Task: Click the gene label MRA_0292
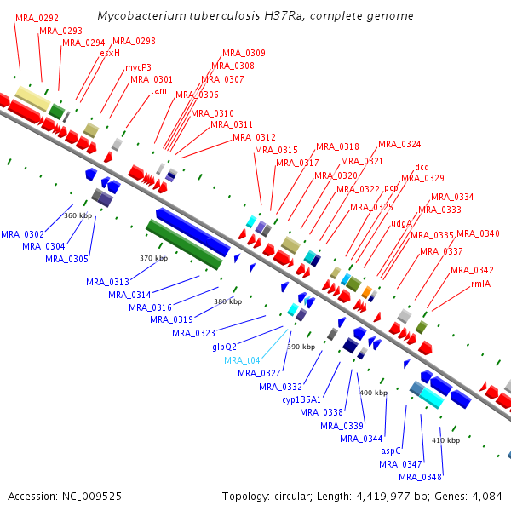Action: point(37,18)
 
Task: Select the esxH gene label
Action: point(110,53)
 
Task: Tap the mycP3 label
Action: point(139,67)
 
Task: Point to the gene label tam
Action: point(158,90)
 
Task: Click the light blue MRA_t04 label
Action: point(242,360)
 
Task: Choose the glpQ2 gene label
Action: point(224,347)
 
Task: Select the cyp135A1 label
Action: point(301,399)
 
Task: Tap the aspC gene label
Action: point(391,451)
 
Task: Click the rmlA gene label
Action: point(481,284)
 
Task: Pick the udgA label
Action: point(401,223)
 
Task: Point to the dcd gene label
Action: point(422,167)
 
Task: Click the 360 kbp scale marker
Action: point(78,215)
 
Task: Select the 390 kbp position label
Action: point(301,347)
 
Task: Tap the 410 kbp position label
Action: point(445,440)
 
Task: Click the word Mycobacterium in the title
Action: point(141,16)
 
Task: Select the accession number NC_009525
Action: point(92,497)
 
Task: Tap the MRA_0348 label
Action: point(420,477)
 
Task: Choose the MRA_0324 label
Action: point(399,144)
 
